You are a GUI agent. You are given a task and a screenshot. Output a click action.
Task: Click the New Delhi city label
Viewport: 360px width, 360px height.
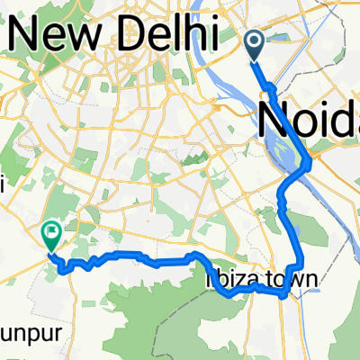(x=112, y=36)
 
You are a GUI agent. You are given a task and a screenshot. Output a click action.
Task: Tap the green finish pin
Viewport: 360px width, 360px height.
(x=51, y=236)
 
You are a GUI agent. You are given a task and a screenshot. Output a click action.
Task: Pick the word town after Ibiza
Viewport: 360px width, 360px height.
(x=289, y=281)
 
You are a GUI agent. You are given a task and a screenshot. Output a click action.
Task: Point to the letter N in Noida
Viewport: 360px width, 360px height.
(x=273, y=119)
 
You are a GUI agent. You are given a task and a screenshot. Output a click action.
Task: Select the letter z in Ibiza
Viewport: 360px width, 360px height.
(x=233, y=281)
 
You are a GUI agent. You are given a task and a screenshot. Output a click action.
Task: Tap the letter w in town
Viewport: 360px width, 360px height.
(x=294, y=281)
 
